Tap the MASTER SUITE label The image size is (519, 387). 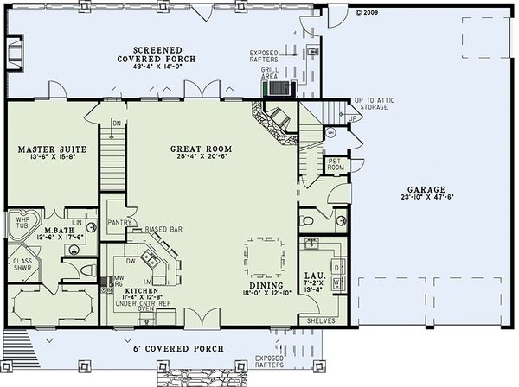click(49, 149)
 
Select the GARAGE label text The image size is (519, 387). click(428, 188)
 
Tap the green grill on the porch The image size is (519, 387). click(279, 88)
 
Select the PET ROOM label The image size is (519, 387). click(336, 163)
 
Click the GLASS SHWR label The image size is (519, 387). click(22, 263)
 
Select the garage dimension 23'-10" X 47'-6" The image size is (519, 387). click(428, 198)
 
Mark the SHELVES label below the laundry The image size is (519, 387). click(309, 321)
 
